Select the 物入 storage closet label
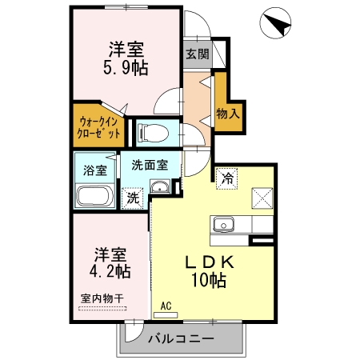coord(228,114)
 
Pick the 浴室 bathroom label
coord(95,170)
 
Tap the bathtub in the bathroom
coord(96,195)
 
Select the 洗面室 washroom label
coord(150,165)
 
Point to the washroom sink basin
coord(160,188)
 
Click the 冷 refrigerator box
coord(228,177)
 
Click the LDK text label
coord(210,262)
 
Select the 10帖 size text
coord(210,280)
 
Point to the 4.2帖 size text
coord(110,271)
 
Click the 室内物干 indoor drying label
coord(102,299)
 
